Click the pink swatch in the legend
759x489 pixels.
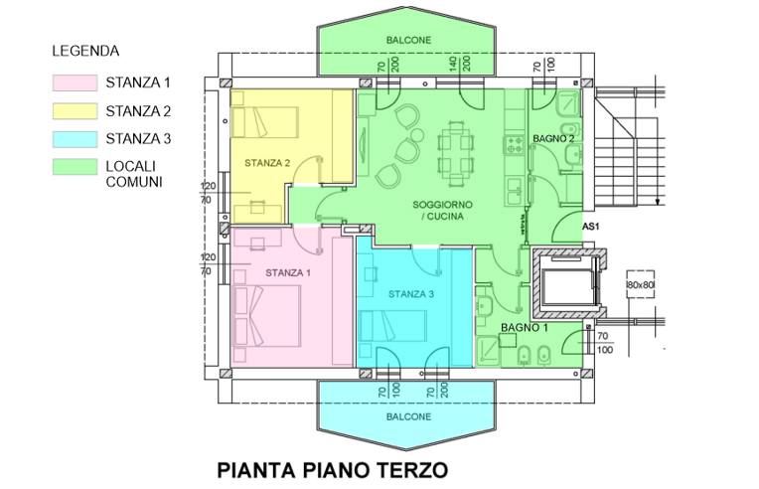pyautogui.click(x=73, y=81)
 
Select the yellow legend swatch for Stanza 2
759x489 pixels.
pyautogui.click(x=73, y=110)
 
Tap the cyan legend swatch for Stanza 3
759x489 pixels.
pyautogui.click(x=73, y=139)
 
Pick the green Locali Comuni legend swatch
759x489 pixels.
pyautogui.click(x=73, y=167)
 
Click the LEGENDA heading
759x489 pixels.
pyautogui.click(x=85, y=50)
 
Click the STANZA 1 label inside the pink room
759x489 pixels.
pyautogui.click(x=287, y=272)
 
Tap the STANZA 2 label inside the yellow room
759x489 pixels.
pyautogui.click(x=267, y=162)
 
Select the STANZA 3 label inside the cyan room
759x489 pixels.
pyautogui.click(x=410, y=294)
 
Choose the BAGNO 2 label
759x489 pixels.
pyautogui.click(x=552, y=138)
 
